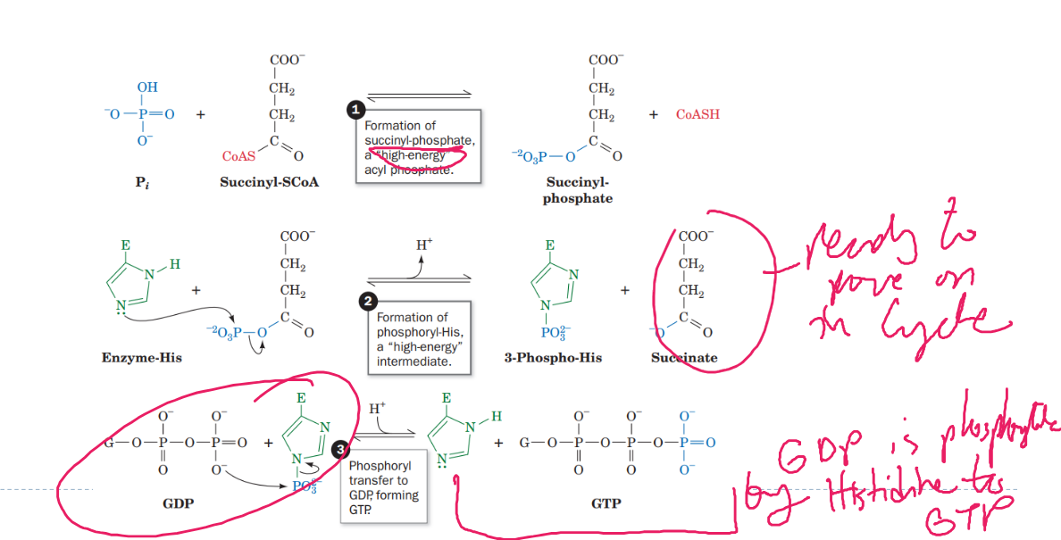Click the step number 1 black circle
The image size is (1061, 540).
point(356,110)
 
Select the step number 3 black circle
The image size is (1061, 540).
point(339,450)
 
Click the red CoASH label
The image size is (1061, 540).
point(698,114)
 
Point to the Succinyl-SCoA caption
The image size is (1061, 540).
point(269,182)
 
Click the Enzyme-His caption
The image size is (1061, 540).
point(142,358)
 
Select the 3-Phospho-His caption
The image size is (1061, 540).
point(553,358)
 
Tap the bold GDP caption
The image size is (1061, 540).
point(178,503)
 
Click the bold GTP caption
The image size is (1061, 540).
point(606,503)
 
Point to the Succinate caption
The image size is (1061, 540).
point(684,358)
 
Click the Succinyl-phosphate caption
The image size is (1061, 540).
point(578,190)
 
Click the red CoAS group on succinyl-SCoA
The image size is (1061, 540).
point(238,156)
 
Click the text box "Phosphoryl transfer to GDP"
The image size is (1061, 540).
point(383,487)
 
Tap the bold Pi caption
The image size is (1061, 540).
point(141,182)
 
